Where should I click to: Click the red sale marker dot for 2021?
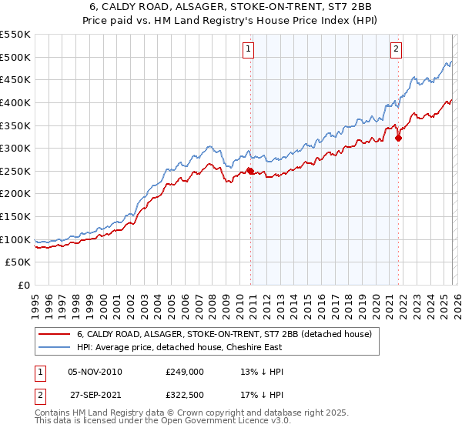tap(398, 138)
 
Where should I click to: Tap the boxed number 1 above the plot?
tap(249, 49)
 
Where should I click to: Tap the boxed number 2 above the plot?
tap(397, 49)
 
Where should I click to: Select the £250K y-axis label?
tap(15, 171)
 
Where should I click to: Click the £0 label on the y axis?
tap(23, 286)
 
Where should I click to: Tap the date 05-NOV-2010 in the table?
tap(95, 371)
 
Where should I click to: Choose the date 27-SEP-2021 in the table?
tap(95, 393)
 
